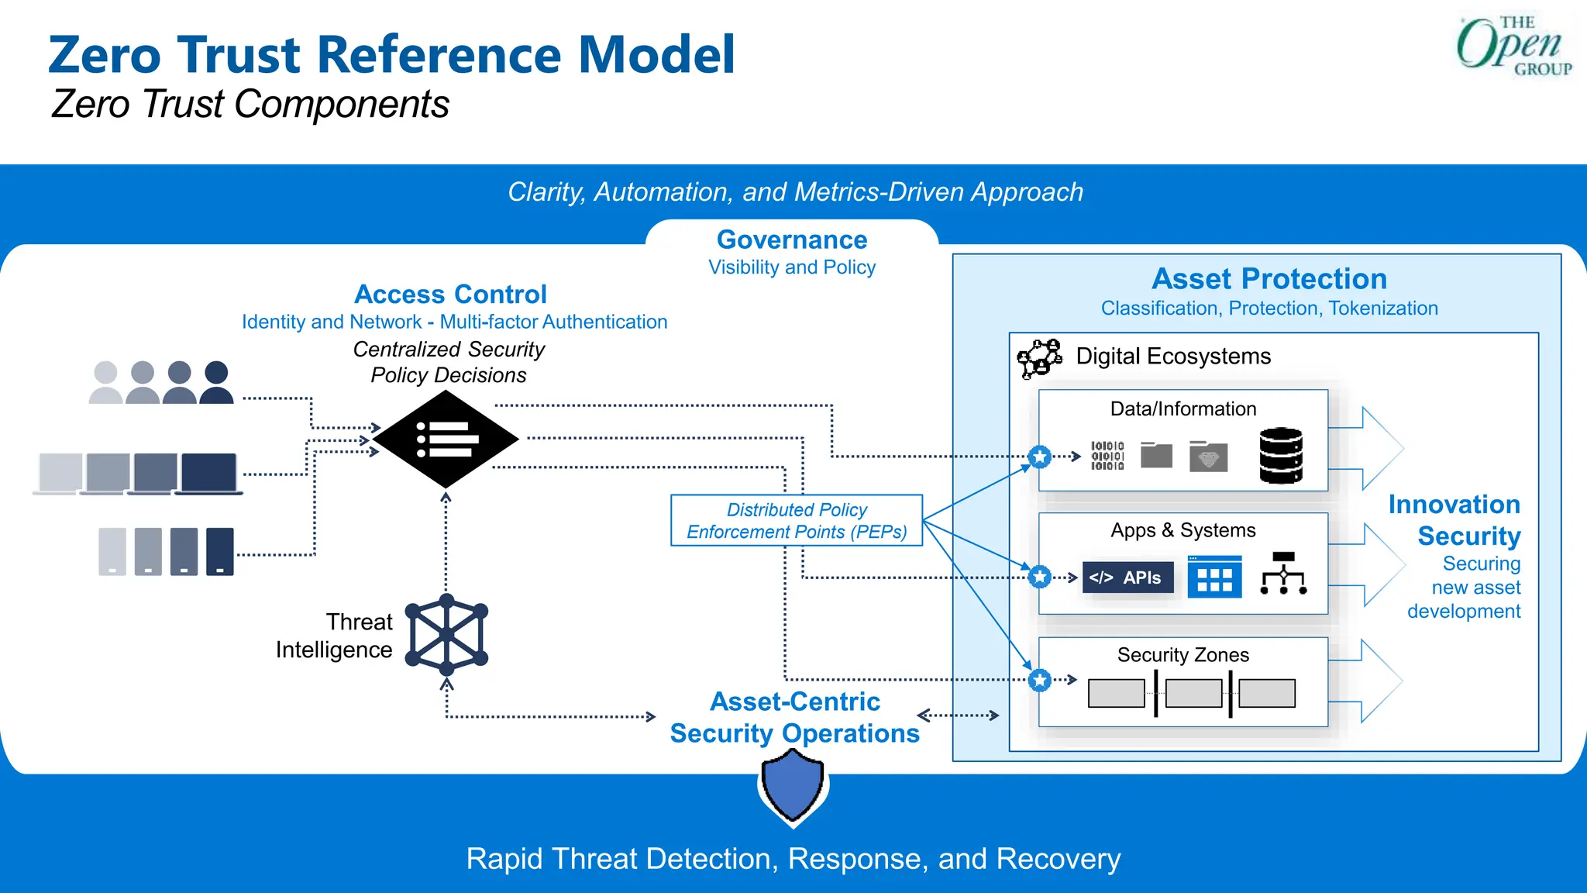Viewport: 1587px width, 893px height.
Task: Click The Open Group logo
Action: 1513,47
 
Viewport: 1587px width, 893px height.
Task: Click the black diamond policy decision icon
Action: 446,439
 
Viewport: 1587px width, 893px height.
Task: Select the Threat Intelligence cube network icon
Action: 446,635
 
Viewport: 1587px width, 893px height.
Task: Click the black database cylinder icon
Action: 1281,455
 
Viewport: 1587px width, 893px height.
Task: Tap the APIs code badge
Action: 1127,578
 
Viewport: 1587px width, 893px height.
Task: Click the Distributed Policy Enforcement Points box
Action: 797,521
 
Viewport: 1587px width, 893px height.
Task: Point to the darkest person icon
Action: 216,382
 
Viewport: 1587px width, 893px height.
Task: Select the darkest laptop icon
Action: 208,474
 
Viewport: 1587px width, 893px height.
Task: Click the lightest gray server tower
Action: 112,551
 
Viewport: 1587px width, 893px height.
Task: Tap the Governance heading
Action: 791,240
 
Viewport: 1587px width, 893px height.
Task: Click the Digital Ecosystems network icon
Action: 1039,358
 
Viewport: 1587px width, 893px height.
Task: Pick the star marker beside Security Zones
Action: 1040,681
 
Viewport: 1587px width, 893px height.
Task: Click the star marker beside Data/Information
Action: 1040,457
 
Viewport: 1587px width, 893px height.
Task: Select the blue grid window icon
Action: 1214,577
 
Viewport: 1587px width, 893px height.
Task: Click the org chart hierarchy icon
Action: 1283,574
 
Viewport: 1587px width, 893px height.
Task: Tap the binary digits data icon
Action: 1107,456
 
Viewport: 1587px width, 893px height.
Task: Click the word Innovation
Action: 1454,505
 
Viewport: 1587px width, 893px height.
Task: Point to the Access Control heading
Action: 450,295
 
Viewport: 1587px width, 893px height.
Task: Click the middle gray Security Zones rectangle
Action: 1193,693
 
